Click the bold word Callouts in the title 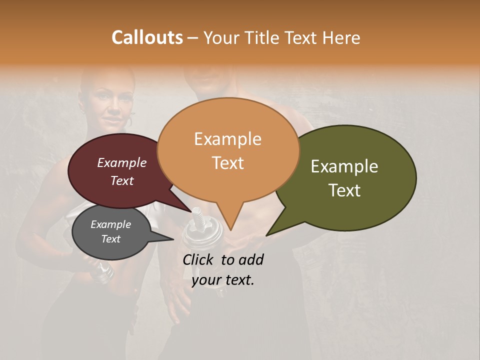pyautogui.click(x=147, y=37)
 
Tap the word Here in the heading pyautogui.click(x=341, y=37)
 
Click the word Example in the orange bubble pyautogui.click(x=227, y=139)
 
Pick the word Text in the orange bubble pyautogui.click(x=227, y=163)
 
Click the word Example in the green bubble pyautogui.click(x=344, y=166)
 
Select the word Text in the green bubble pyautogui.click(x=344, y=190)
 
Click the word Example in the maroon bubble pyautogui.click(x=121, y=163)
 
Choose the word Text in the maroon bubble pyautogui.click(x=121, y=181)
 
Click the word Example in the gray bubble pyautogui.click(x=110, y=225)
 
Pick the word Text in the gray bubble pyautogui.click(x=110, y=239)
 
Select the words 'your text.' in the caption pyautogui.click(x=222, y=280)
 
